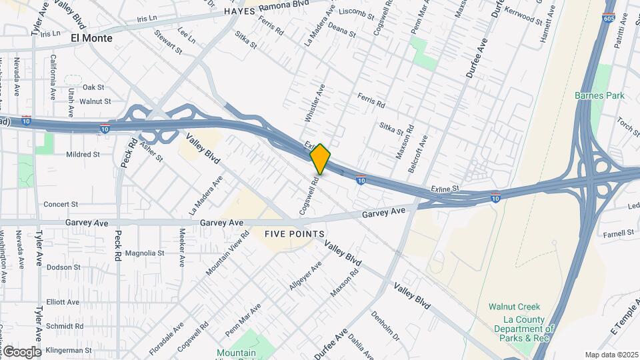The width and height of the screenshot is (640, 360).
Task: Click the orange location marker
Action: (x=321, y=159)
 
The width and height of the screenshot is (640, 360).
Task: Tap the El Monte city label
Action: (x=91, y=38)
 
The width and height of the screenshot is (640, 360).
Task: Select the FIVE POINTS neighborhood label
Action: (x=294, y=234)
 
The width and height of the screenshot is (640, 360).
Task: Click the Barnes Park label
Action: (x=599, y=95)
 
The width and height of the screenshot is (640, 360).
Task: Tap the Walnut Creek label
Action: (x=513, y=307)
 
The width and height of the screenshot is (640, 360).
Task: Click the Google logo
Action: (x=21, y=351)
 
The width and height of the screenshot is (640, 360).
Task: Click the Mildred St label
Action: (x=83, y=154)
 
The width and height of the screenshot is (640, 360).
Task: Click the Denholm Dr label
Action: (x=384, y=325)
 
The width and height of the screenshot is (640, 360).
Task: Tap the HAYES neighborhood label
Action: (x=240, y=12)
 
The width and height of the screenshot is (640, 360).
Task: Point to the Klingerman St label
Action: (x=69, y=350)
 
